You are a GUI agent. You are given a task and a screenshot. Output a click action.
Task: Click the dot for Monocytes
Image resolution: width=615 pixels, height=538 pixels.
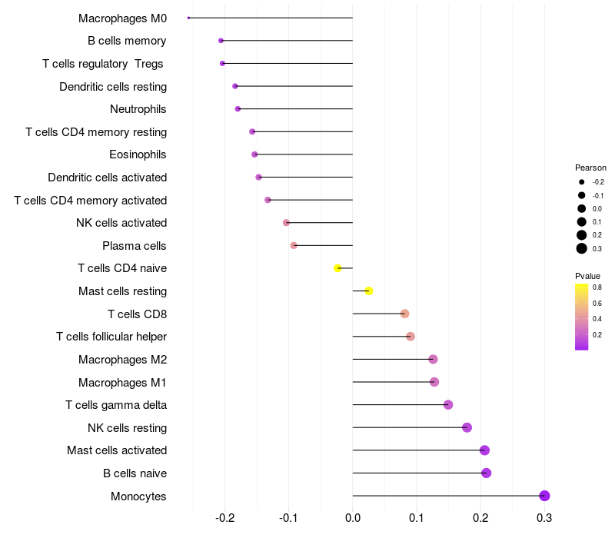point(544,496)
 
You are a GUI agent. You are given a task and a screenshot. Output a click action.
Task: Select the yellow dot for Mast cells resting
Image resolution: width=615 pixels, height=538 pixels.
point(369,291)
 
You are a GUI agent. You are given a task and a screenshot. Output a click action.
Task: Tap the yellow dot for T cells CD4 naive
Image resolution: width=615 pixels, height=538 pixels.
point(337,268)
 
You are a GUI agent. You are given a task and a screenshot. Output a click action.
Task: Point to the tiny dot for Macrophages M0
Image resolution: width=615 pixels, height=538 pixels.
point(188,18)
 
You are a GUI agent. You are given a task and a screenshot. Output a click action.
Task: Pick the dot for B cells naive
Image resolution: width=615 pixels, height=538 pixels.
point(486,473)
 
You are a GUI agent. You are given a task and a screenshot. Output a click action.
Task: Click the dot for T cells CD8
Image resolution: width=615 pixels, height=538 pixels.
point(404,314)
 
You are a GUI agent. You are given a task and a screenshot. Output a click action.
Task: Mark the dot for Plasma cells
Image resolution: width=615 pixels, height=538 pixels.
point(294,245)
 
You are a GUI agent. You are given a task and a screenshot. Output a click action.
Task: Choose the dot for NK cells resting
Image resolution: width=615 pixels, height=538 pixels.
point(467,427)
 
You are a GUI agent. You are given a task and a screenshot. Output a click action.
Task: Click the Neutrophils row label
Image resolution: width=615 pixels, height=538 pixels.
point(138,109)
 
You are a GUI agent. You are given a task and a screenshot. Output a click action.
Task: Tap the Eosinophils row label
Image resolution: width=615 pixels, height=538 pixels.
point(138,154)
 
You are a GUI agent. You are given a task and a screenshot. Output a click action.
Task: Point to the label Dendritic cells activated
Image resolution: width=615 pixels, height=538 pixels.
point(107,178)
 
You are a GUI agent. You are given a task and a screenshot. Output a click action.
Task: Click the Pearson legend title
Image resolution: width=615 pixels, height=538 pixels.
point(590,168)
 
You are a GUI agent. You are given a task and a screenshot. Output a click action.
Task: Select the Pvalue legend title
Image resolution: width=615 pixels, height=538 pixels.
point(587,276)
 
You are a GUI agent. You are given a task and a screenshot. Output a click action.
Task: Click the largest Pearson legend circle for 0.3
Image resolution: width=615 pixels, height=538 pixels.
point(582,248)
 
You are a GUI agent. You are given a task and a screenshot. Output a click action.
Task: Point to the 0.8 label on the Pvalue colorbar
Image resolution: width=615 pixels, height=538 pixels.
point(597,287)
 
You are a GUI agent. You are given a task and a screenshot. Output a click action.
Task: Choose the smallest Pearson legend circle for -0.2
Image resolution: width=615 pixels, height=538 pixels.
point(582,182)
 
